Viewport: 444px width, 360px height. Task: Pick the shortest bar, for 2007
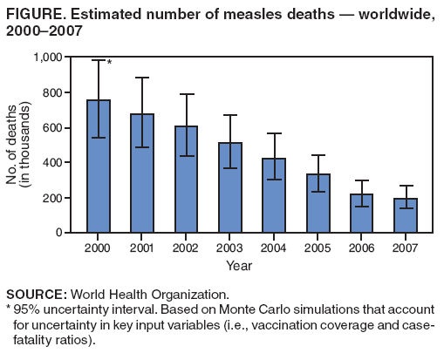405,216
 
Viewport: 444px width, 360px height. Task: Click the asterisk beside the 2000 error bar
109,63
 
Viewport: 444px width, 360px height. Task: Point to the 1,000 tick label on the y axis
47,58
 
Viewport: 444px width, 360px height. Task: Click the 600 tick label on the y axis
53,128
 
